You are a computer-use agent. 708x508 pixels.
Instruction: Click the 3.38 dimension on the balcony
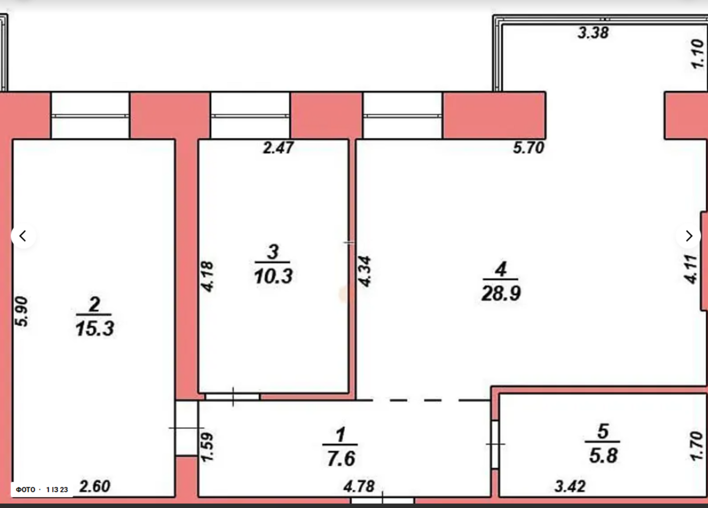(593, 33)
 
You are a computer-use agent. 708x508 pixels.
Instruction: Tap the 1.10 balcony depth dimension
(698, 53)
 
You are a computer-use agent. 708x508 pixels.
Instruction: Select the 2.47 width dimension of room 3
(278, 148)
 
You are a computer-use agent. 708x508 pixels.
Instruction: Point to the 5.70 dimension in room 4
(528, 148)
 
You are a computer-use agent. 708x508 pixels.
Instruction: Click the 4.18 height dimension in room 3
(208, 277)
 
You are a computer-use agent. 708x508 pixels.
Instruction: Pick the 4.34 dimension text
(365, 271)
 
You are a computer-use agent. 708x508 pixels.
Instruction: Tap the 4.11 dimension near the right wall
(691, 269)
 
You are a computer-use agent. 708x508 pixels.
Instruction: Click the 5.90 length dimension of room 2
(22, 312)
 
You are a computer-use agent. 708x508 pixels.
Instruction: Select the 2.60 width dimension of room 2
(95, 486)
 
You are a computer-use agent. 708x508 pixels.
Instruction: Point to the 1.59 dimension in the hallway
(208, 447)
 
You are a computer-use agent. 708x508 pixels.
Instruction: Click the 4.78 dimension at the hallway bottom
(359, 486)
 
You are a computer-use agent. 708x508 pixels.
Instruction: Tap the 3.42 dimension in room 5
(570, 486)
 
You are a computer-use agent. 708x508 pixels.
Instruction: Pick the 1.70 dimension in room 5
(696, 446)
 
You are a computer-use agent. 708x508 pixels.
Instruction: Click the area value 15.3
(95, 329)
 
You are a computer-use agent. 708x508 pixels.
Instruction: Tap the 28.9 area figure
(501, 294)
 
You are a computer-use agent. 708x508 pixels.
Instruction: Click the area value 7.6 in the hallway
(341, 459)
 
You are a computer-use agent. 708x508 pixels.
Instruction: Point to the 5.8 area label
(603, 455)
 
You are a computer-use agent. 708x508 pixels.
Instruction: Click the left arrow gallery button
(23, 236)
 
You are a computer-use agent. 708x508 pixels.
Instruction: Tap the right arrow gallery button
(689, 236)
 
